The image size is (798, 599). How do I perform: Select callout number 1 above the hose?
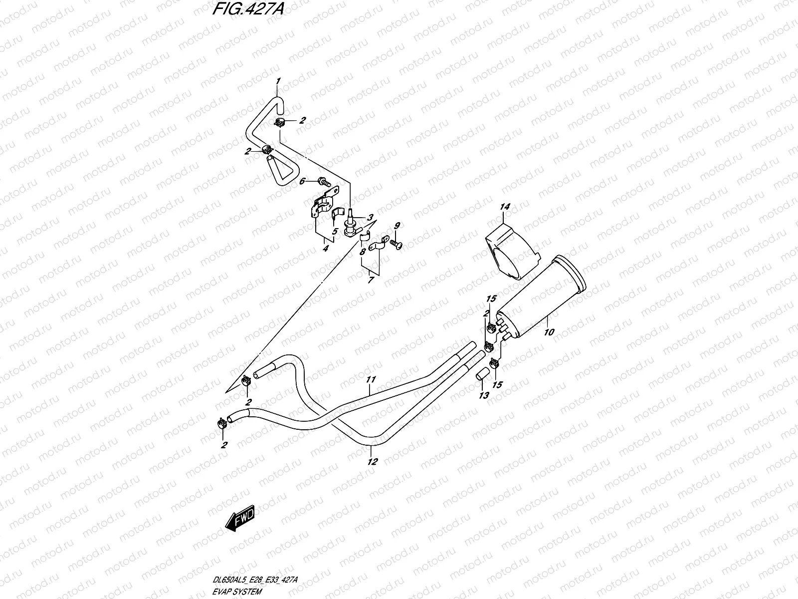pyautogui.click(x=278, y=81)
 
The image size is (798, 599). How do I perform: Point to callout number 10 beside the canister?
pyautogui.click(x=549, y=332)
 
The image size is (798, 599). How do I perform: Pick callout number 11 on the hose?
pyautogui.click(x=370, y=380)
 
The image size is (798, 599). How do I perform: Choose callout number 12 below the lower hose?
pyautogui.click(x=372, y=462)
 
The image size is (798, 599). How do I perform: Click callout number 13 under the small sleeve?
pyautogui.click(x=483, y=395)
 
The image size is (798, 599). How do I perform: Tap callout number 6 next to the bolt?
pyautogui.click(x=302, y=182)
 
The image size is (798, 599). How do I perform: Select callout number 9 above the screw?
pyautogui.click(x=397, y=226)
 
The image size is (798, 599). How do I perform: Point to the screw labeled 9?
pyautogui.click(x=397, y=244)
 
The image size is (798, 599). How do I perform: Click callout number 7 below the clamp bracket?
pyautogui.click(x=370, y=280)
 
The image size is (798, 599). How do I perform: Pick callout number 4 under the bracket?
pyautogui.click(x=325, y=248)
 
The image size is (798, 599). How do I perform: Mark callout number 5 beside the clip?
pyautogui.click(x=335, y=232)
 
